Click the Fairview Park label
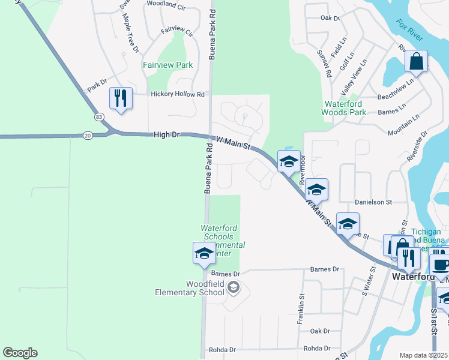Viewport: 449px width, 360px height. pyautogui.click(x=167, y=65)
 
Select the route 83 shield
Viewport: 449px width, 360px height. pyautogui.click(x=98, y=116)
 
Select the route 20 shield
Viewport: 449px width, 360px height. pyautogui.click(x=88, y=136)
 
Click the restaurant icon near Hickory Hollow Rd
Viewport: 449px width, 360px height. pyautogui.click(x=121, y=98)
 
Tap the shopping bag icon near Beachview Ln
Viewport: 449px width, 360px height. pyautogui.click(x=416, y=61)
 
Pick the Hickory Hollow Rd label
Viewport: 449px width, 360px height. pyautogui.click(x=178, y=94)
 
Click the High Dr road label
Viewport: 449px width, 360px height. pyautogui.click(x=166, y=135)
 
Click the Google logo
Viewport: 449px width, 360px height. pyautogui.click(x=20, y=353)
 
